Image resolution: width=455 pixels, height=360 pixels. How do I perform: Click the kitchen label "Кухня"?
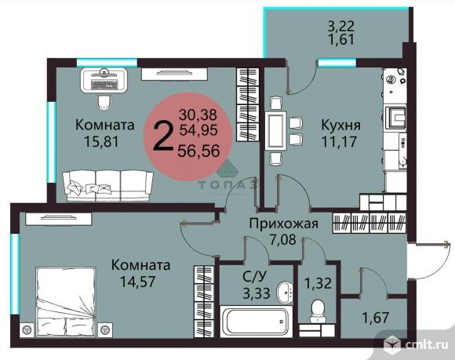pos(340,125)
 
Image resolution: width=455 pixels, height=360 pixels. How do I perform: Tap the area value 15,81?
pos(101,142)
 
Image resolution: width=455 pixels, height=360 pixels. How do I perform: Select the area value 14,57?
pos(138,282)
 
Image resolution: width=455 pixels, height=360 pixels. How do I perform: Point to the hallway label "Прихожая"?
pos(284,224)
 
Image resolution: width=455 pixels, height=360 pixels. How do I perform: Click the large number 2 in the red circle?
pos(162,136)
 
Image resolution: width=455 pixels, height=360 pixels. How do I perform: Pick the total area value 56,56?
pos(198,151)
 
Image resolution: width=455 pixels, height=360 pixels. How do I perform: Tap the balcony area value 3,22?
pos(341,27)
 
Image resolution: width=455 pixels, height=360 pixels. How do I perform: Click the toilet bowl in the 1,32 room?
pos(318,311)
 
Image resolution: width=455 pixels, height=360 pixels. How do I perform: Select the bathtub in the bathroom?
pos(256,322)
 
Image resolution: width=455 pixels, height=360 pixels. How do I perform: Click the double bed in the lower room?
pos(66,302)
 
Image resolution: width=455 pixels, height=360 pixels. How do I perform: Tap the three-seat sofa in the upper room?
pos(108,186)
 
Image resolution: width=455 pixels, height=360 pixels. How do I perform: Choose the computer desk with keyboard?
pos(104,80)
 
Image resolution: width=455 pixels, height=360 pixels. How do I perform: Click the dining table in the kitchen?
pos(275,130)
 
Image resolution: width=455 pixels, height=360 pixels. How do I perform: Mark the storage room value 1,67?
pos(376,318)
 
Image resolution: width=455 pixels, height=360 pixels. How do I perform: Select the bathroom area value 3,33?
pos(257,293)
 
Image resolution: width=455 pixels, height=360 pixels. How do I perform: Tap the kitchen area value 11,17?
pos(339,142)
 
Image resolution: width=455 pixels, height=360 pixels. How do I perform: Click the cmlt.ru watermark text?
pos(426,344)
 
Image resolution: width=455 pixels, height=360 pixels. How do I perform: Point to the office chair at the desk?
pos(104,102)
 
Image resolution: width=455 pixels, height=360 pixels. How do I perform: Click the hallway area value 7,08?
pos(282,240)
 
